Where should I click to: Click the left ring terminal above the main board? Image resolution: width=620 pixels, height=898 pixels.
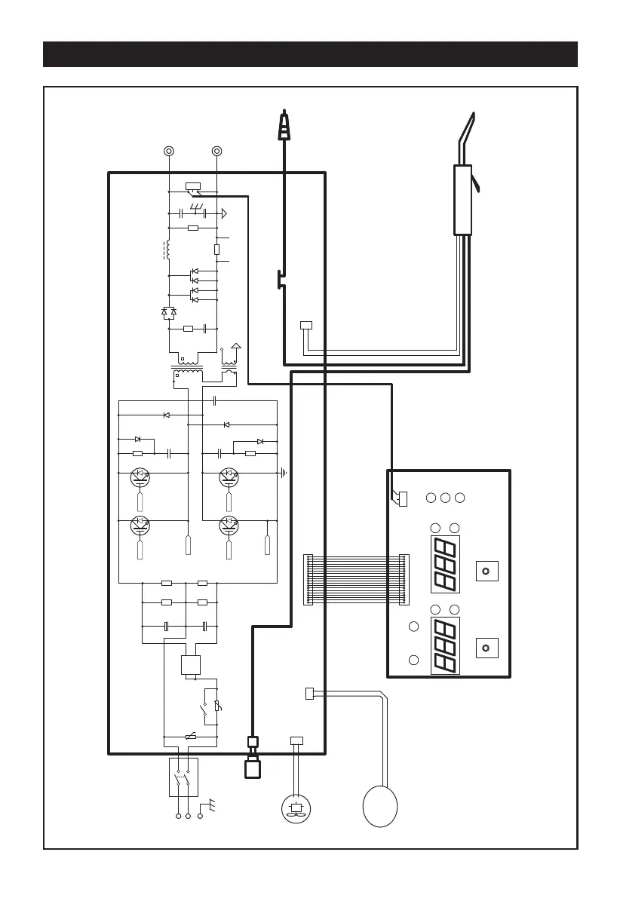click(169, 151)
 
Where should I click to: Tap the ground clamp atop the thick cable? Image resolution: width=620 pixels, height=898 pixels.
click(284, 126)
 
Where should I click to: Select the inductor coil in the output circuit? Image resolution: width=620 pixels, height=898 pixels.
click(167, 249)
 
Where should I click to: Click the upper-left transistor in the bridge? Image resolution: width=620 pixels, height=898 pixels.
click(140, 476)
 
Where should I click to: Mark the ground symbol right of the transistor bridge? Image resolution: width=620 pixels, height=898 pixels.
click(283, 474)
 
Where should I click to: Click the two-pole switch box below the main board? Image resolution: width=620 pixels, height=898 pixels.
click(183, 777)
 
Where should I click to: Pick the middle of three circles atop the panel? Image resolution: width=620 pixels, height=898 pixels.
click(445, 498)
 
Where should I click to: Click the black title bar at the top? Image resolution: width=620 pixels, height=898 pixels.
click(310, 54)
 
